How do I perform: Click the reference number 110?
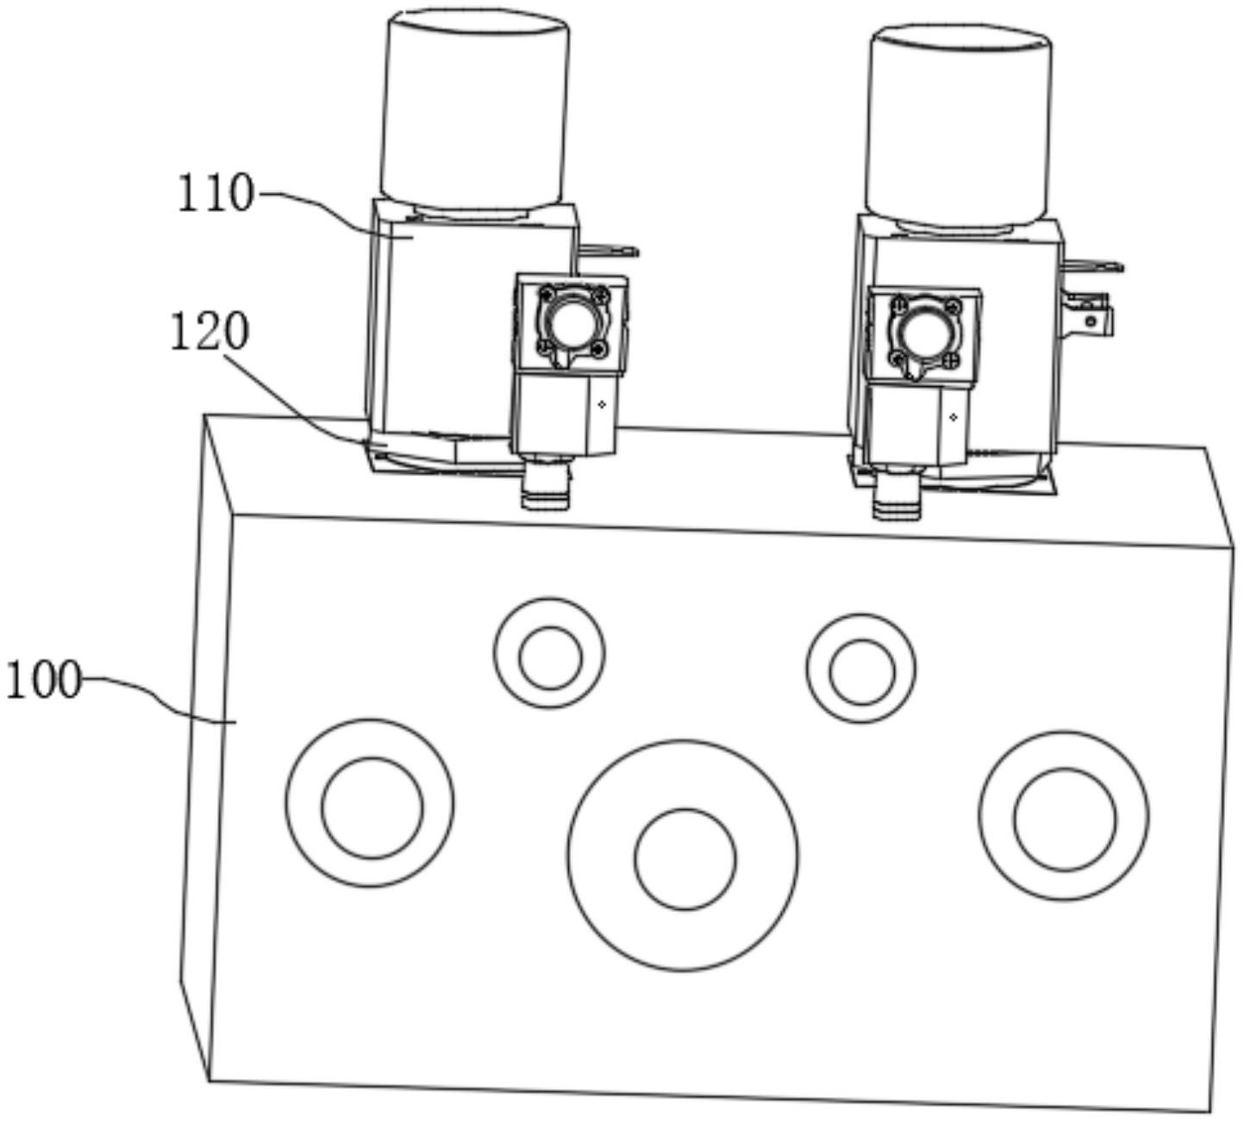[x=216, y=193]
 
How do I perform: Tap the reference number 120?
[x=209, y=332]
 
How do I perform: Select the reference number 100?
[x=43, y=680]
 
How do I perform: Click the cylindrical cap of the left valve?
[x=474, y=109]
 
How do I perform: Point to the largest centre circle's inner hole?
[x=685, y=859]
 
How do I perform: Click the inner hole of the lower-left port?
[x=372, y=807]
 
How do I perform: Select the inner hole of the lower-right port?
[x=1065, y=819]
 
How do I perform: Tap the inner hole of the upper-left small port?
[x=551, y=658]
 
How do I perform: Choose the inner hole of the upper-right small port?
[x=862, y=672]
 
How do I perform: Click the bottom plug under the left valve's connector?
[x=546, y=487]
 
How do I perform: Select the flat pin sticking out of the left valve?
[x=609, y=251]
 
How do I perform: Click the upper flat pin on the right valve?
[x=1094, y=265]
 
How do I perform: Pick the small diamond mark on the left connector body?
[x=602, y=405]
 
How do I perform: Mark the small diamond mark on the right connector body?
[x=953, y=418]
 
